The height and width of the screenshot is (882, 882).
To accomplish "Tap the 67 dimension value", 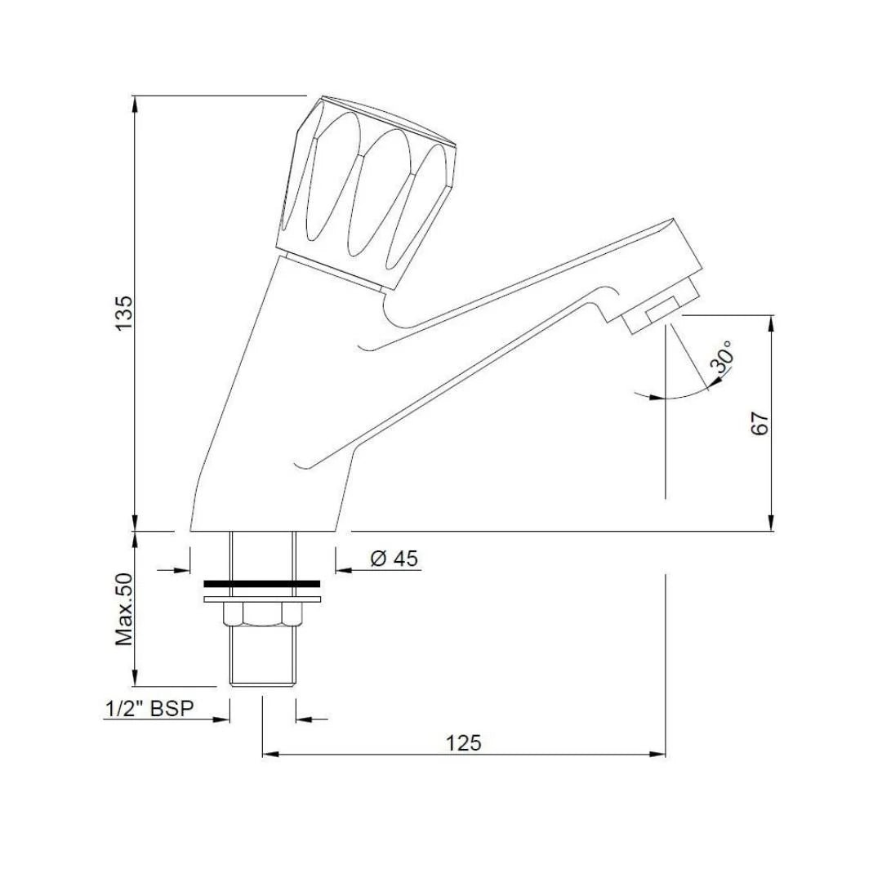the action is click(759, 423).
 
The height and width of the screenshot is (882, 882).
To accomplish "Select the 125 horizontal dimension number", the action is click(464, 743).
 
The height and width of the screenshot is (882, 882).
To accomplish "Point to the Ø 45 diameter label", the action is click(394, 559).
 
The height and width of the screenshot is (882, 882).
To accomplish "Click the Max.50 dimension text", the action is click(124, 609).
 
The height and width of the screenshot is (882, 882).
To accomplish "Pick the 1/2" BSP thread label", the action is click(149, 709).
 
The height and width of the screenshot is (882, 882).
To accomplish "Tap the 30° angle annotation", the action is click(722, 357).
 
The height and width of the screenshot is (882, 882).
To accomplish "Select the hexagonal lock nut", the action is click(262, 613).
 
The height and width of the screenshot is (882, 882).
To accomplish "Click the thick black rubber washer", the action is click(262, 584).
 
